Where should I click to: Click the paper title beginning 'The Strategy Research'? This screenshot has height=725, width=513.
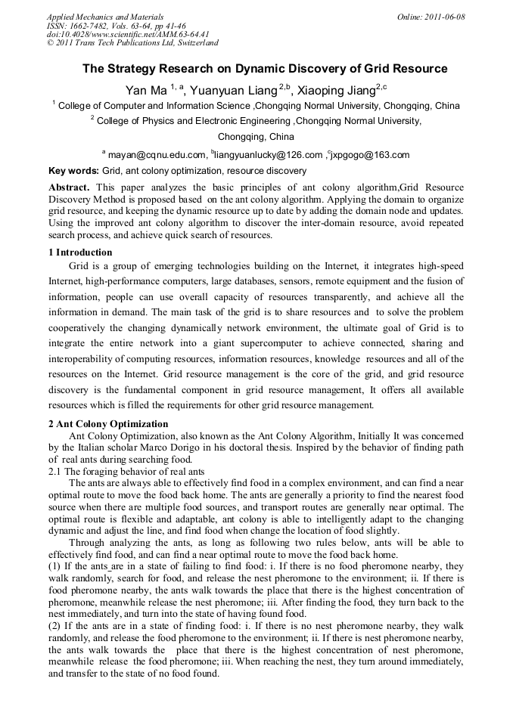265,69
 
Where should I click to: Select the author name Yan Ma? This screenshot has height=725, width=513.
146,90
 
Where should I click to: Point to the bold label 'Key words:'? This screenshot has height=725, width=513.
73,172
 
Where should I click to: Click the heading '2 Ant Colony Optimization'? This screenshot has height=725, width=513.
107,424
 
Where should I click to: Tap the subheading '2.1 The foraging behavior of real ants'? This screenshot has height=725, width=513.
126,471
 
